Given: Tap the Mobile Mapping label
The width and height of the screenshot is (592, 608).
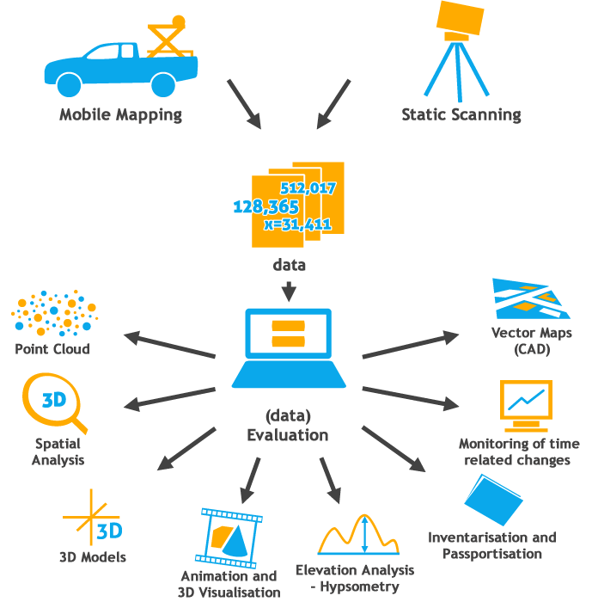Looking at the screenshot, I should coord(120,114).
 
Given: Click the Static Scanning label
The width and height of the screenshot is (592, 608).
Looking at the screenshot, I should coord(461,114).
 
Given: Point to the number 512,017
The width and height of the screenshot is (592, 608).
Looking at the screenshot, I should coord(308,187).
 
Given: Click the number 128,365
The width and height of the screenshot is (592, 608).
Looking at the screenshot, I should coord(265,206).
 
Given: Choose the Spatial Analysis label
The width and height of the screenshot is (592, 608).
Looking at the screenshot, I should coord(58,451).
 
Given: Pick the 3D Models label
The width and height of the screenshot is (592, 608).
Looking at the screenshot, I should coord(93,556).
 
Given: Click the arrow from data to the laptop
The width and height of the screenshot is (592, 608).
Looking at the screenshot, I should coord(290,290).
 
